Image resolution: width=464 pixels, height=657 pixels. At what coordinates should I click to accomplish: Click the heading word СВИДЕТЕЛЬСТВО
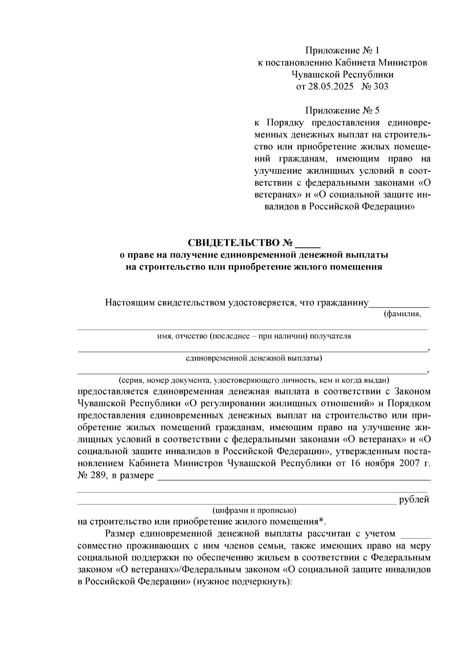tap(235, 243)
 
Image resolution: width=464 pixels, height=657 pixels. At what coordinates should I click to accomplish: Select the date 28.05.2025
tap(330, 86)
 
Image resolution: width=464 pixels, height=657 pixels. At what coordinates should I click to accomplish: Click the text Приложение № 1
tap(342, 50)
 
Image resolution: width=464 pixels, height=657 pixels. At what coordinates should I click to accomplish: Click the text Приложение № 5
tap(342, 111)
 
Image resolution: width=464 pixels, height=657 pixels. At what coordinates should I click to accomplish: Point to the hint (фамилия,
tap(402, 314)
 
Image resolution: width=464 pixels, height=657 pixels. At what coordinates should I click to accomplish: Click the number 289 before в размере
tap(99, 475)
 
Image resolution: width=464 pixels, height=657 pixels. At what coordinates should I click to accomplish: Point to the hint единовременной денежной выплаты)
tap(254, 358)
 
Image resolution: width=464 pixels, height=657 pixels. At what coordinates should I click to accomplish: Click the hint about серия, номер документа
tap(254, 380)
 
